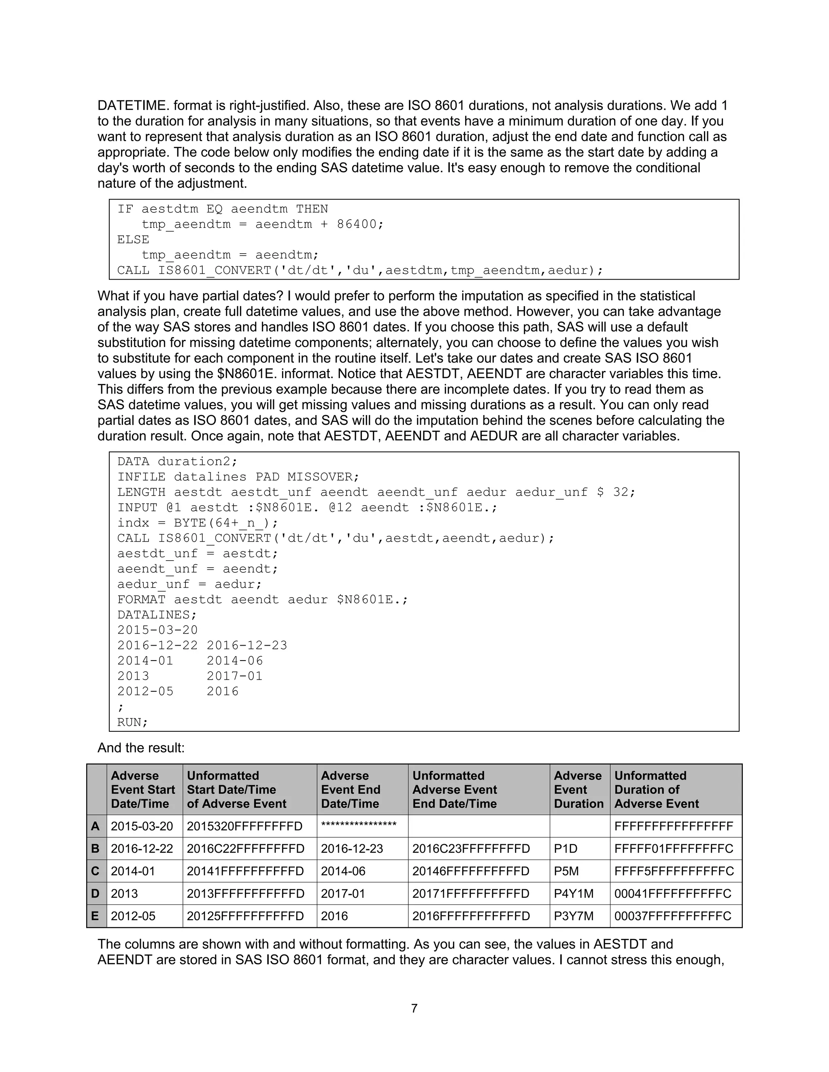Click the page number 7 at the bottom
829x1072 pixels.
point(414,1008)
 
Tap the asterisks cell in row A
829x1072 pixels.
point(359,826)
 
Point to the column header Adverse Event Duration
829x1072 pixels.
point(578,790)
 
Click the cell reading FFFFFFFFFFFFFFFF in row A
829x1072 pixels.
point(674,826)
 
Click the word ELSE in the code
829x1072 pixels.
point(133,239)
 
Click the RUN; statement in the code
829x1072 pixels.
point(133,722)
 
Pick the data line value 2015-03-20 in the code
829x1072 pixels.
point(157,630)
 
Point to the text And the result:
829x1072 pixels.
point(141,748)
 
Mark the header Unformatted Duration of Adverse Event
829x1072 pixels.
point(656,790)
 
